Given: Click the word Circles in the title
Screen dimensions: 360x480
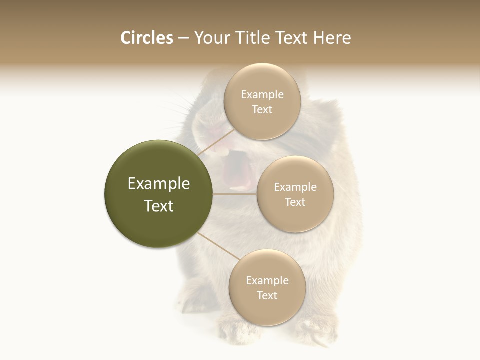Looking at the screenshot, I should [147, 38].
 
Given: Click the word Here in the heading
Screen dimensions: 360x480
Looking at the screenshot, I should [332, 38].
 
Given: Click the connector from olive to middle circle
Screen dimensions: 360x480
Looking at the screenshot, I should [235, 194].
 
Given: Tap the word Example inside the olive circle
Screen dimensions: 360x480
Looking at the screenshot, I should [159, 184].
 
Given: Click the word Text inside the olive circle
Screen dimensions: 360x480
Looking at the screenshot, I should [159, 206].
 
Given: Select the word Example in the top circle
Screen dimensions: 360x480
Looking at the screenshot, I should [262, 94].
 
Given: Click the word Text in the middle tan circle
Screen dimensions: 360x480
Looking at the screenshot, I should [295, 202].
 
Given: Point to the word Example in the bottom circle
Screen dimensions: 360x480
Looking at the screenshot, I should [267, 280].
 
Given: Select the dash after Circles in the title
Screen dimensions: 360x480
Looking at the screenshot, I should [183, 38].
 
